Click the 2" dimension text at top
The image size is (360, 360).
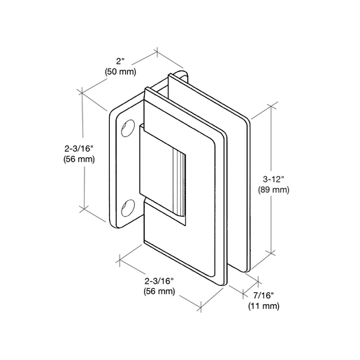[x=120, y=62]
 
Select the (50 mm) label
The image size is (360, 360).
[x=120, y=72]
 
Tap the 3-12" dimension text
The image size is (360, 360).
[x=273, y=180]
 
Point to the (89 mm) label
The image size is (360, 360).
[x=273, y=189]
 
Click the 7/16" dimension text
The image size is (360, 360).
[x=264, y=296]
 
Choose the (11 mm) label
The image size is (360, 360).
[x=264, y=305]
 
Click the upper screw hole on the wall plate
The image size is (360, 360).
[x=128, y=128]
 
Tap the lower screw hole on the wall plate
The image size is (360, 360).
[x=128, y=208]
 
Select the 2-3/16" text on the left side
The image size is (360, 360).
[x=79, y=149]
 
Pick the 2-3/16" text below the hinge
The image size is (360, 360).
[x=159, y=281]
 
